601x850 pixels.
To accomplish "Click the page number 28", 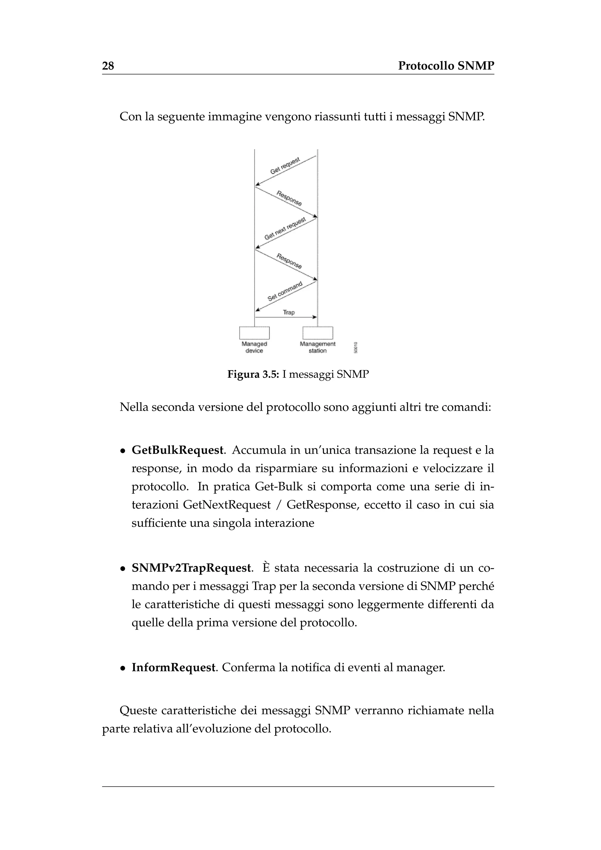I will (108, 66).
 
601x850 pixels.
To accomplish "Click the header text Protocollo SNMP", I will (446, 66).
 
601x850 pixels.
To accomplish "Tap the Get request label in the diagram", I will (285, 166).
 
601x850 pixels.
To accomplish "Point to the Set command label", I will (285, 291).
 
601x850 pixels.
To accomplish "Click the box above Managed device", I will (255, 333).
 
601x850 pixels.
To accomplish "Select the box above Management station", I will (318, 333).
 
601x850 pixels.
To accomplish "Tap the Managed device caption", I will (254, 347).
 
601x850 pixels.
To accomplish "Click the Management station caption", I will (318, 347).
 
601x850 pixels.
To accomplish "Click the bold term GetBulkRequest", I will (178, 450).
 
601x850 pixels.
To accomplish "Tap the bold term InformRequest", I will (173, 667).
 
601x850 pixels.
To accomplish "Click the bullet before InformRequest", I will (122, 669).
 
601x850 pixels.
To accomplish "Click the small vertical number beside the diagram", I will (355, 347).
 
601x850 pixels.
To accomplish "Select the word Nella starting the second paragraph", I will (134, 407).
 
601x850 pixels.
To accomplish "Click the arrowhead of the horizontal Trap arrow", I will (315, 317).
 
